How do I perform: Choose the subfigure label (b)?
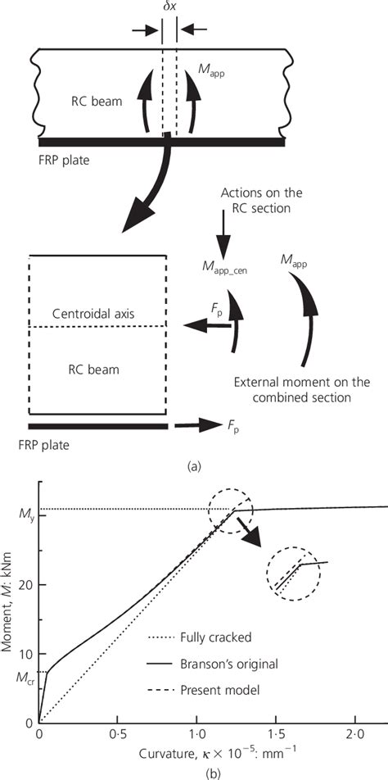click(x=194, y=769)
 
